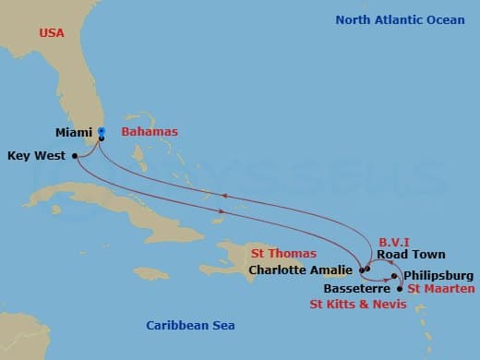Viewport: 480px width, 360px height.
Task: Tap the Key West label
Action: point(36,156)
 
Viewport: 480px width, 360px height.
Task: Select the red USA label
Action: point(52,33)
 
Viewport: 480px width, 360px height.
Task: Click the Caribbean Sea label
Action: point(191,325)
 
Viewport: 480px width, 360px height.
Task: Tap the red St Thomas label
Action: point(283,253)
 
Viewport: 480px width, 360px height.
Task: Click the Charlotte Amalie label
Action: point(301,270)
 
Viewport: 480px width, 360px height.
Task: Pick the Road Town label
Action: point(410,254)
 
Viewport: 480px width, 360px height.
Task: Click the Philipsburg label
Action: point(438,275)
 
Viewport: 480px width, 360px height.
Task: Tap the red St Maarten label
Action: point(441,289)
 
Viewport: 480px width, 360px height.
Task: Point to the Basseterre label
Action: point(353,287)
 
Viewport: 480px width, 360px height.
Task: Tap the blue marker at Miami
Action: point(101,131)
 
